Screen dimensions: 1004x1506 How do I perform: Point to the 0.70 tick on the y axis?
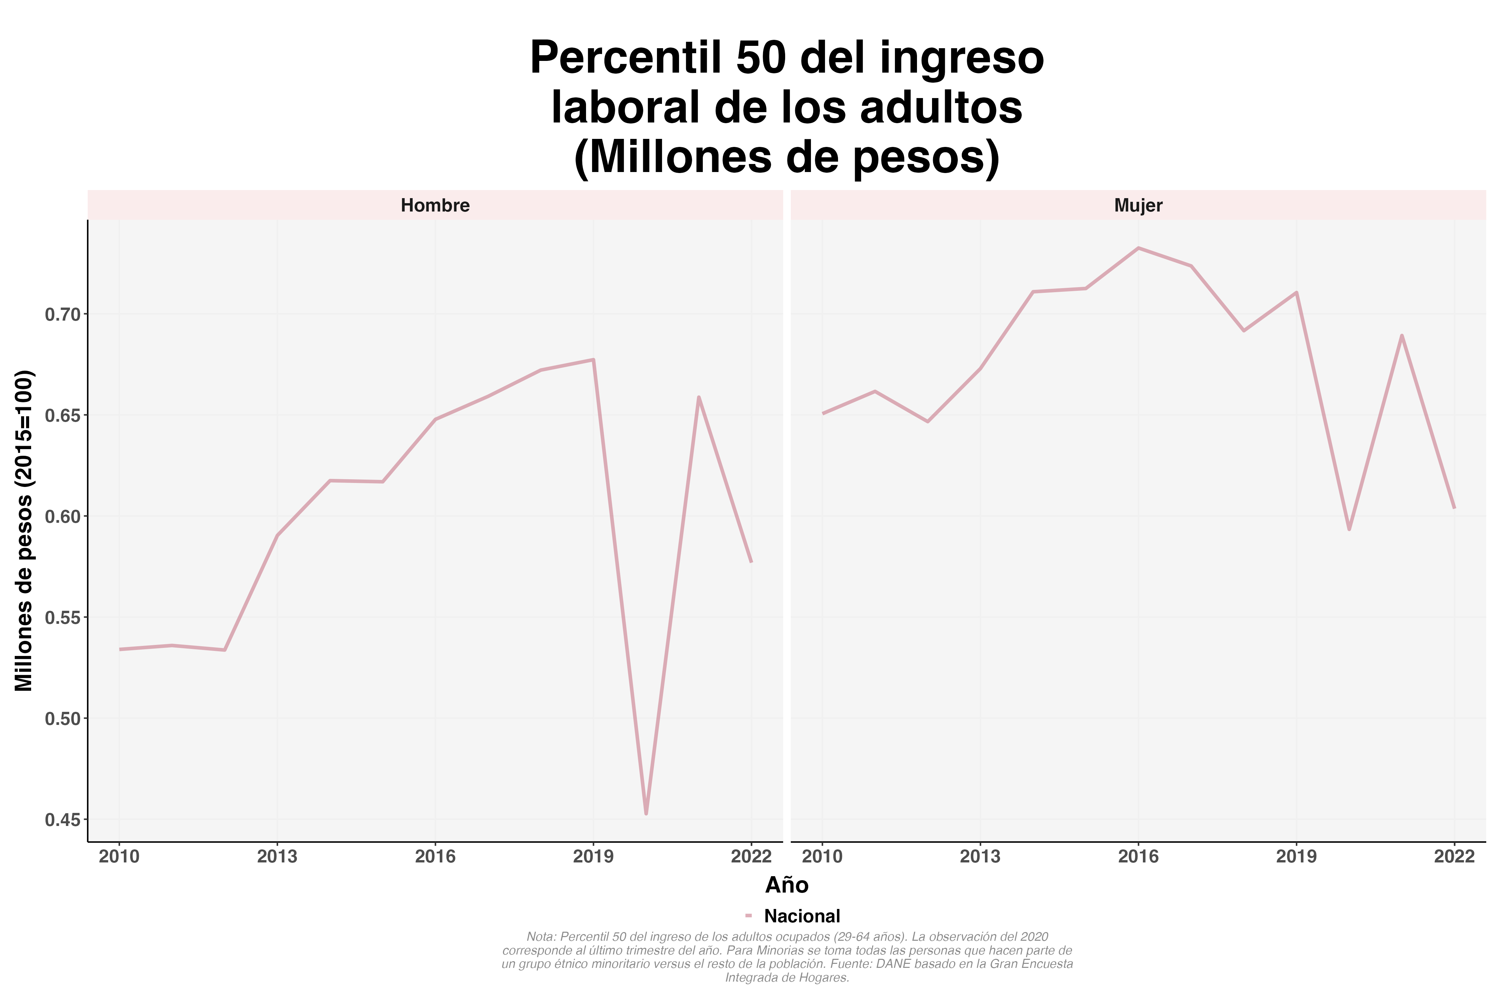click(63, 314)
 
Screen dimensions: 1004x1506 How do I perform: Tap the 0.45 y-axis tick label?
click(63, 820)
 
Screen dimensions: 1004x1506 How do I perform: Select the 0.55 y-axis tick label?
click(63, 618)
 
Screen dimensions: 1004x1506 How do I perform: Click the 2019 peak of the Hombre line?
click(594, 360)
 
